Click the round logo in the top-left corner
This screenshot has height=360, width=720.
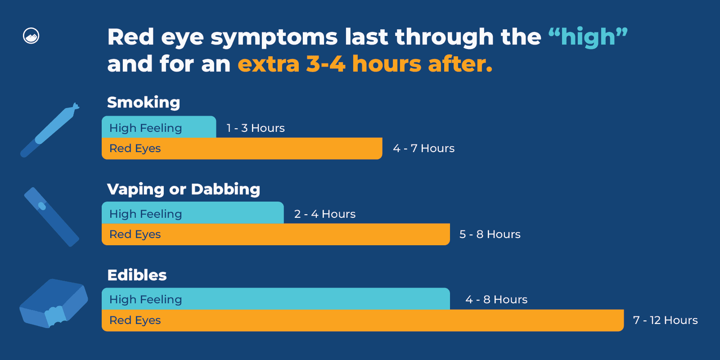(x=31, y=36)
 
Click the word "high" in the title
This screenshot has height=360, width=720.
(x=588, y=37)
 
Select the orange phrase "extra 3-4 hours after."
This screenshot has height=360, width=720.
(x=365, y=64)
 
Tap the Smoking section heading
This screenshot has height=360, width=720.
(x=144, y=102)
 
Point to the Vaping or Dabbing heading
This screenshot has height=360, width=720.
(x=184, y=189)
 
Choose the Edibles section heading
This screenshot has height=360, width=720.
(x=137, y=275)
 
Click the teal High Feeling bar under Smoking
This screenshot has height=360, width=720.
(x=159, y=127)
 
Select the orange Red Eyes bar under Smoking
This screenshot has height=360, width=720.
(x=242, y=148)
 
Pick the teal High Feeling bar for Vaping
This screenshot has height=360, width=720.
(x=193, y=213)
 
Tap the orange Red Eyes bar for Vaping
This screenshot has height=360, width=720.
(x=275, y=234)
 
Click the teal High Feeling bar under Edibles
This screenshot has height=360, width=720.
(x=275, y=299)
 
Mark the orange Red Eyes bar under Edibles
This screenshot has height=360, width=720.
(x=362, y=320)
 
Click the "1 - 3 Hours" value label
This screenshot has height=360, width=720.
(x=256, y=128)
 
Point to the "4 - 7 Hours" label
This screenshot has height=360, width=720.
(x=423, y=148)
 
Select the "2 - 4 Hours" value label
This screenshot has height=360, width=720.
(x=325, y=214)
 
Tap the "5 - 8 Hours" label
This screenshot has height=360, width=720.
(x=490, y=234)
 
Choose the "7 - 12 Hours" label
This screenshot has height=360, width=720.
(x=665, y=320)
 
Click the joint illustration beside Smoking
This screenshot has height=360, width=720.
(x=49, y=130)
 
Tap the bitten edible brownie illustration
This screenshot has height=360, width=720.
(x=53, y=303)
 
